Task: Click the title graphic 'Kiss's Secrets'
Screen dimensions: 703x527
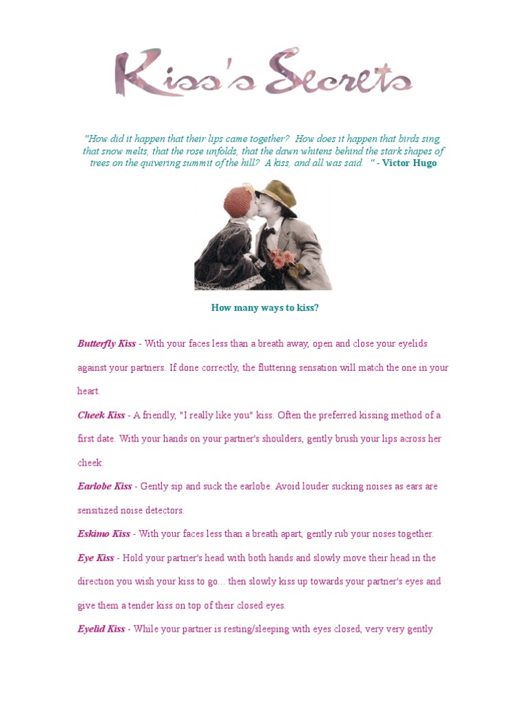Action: pyautogui.click(x=263, y=72)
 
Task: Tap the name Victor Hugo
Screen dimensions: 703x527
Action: pyautogui.click(x=409, y=163)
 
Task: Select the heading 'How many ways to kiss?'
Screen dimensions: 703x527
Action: pyautogui.click(x=265, y=308)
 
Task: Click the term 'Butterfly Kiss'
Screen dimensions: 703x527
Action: pyautogui.click(x=106, y=343)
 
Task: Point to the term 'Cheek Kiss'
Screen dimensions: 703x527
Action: pyautogui.click(x=101, y=415)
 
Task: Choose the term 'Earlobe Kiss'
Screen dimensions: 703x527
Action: pyautogui.click(x=104, y=487)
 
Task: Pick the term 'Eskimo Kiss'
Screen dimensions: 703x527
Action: pyautogui.click(x=104, y=534)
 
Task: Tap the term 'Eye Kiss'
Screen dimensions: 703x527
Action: pyautogui.click(x=95, y=558)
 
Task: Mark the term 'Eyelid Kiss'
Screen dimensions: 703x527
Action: pyautogui.click(x=101, y=629)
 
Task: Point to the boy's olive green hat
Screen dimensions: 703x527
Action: pyautogui.click(x=278, y=196)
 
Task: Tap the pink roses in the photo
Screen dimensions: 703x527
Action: pyautogui.click(x=281, y=258)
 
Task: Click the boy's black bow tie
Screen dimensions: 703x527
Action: pyautogui.click(x=268, y=231)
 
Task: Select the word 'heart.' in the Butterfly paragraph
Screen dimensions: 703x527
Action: pyautogui.click(x=89, y=391)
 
